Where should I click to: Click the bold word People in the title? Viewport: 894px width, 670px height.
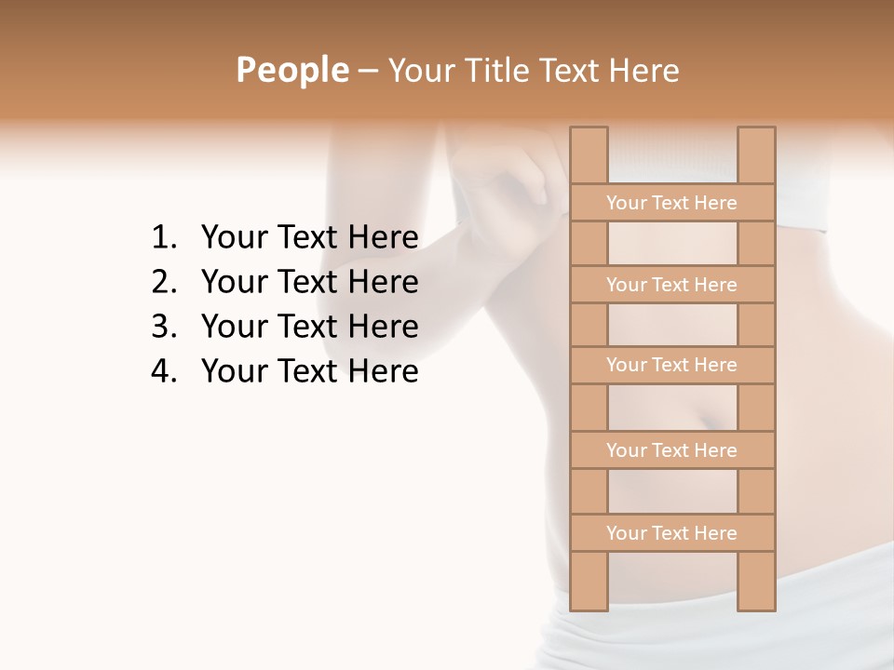click(x=291, y=70)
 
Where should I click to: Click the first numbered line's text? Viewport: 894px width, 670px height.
click(x=309, y=238)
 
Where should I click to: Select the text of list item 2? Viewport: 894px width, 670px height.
click(x=309, y=282)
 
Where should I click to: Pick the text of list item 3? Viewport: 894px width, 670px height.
click(x=309, y=327)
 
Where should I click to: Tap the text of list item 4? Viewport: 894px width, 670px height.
click(x=309, y=371)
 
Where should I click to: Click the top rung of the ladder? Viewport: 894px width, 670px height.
click(x=672, y=203)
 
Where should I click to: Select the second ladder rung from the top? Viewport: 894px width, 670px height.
click(x=672, y=285)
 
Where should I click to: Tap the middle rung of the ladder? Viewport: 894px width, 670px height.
click(x=672, y=365)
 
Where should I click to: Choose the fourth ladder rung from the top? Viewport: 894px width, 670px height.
click(x=672, y=450)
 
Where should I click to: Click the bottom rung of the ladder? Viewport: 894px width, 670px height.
click(x=672, y=533)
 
